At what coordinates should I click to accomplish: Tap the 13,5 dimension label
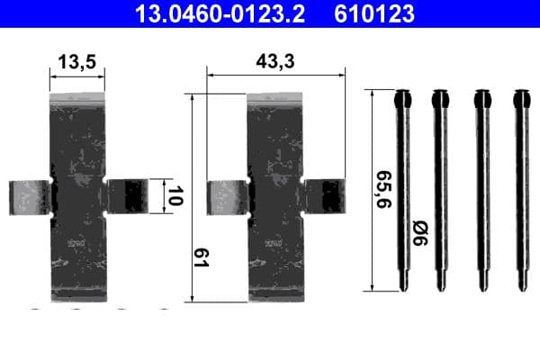pos(76,62)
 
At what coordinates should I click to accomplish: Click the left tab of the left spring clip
pos(30,197)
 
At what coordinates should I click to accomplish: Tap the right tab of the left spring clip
pos(126,197)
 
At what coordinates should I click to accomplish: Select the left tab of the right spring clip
pos(227,197)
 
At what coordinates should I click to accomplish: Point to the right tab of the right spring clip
pos(324,197)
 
